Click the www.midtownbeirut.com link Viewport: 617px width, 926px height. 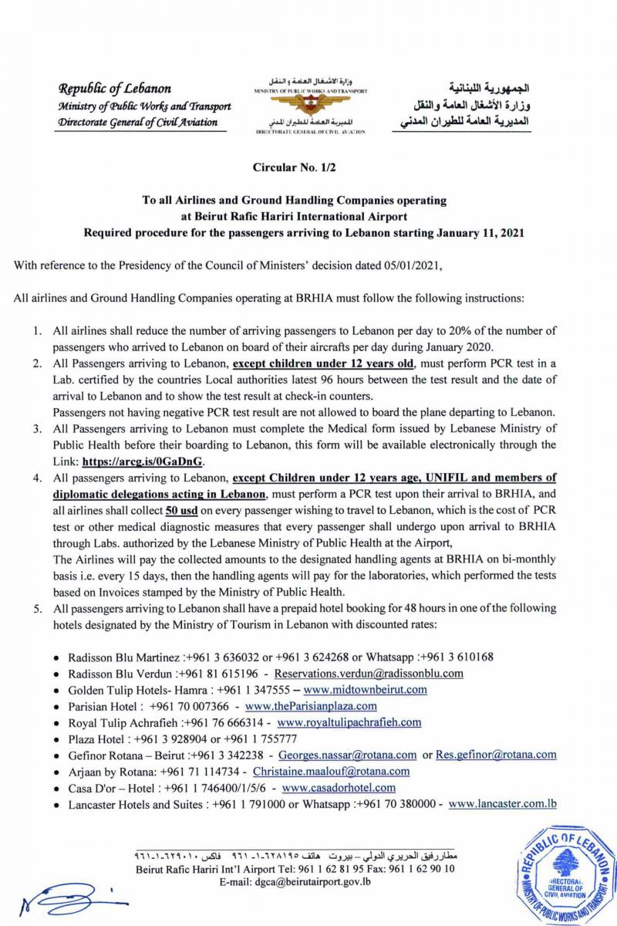365,690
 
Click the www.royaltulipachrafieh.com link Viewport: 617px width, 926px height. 349,722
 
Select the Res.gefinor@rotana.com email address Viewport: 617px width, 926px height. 496,755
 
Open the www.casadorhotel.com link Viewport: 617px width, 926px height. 339,788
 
